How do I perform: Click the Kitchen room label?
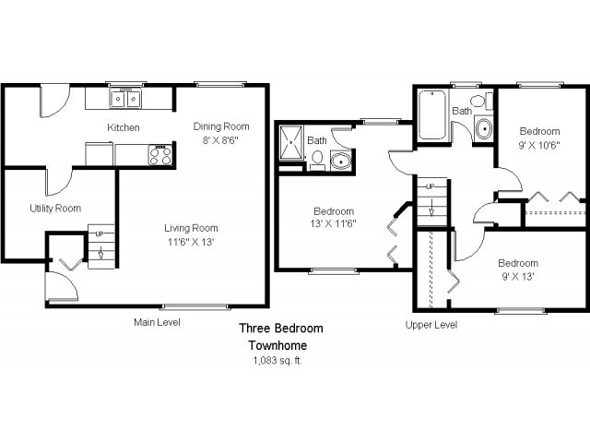click(124, 127)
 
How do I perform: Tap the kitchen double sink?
click(125, 97)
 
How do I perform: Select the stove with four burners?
click(160, 154)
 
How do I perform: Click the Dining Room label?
click(221, 126)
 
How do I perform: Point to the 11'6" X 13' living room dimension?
click(191, 242)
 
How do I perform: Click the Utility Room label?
click(55, 209)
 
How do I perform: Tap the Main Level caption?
click(157, 322)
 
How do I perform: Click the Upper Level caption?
click(431, 325)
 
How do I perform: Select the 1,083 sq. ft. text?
click(277, 361)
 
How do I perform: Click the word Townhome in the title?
click(277, 344)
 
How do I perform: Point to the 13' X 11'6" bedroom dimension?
click(334, 223)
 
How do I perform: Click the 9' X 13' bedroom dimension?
click(518, 276)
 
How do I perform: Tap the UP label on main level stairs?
click(100, 234)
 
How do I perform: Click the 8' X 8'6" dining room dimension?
click(221, 140)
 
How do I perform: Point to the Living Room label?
click(191, 228)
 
